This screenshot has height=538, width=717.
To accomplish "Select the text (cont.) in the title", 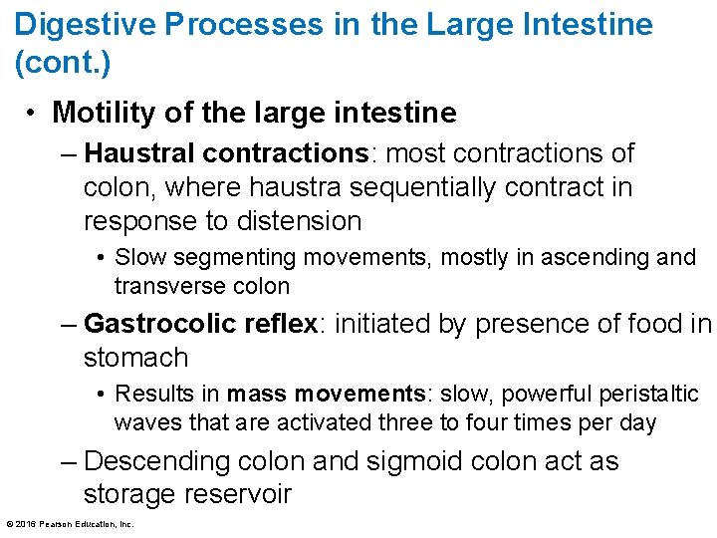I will point(63,63).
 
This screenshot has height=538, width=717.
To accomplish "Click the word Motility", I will point(103,113).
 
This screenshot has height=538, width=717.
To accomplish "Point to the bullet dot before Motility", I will point(33,113).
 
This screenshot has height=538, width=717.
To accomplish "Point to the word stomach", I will point(135,357).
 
